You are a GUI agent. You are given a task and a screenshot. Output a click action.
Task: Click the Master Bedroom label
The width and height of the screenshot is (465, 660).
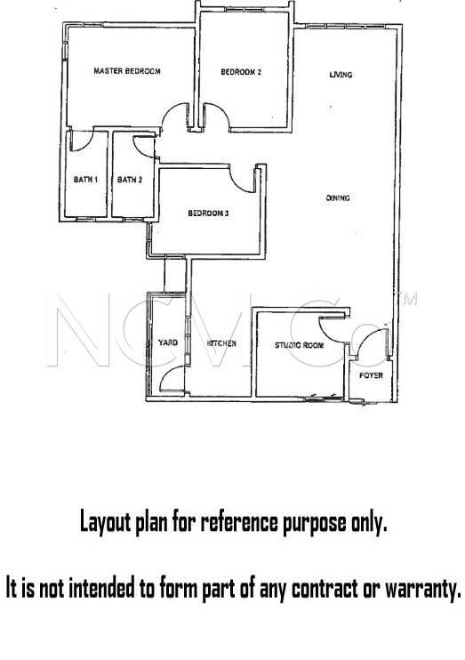[126, 71]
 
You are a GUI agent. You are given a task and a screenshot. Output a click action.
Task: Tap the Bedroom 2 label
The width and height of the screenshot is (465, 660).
[241, 72]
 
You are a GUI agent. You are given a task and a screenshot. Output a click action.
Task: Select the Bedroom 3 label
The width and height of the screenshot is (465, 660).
[208, 213]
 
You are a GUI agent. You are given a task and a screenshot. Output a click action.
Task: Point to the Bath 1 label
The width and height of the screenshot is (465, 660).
[86, 180]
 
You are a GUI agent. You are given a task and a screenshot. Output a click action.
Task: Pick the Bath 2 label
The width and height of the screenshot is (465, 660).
[130, 180]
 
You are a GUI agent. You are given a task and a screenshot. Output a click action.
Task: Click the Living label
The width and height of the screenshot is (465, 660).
[341, 75]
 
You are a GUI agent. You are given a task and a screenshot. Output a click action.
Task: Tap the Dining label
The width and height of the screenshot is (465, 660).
[338, 197]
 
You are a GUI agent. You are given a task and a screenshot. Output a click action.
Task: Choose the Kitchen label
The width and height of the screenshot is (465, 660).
[221, 343]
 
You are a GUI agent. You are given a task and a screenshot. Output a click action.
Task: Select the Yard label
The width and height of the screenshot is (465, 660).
[168, 342]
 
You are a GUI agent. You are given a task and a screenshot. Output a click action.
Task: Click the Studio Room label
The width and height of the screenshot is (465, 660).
[300, 345]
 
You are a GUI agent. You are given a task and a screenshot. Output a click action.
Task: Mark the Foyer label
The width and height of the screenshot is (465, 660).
[371, 375]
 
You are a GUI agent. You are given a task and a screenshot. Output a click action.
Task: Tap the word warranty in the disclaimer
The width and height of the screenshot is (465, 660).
[423, 589]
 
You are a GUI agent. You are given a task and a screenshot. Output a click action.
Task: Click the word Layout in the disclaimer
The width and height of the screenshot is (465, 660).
[106, 523]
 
